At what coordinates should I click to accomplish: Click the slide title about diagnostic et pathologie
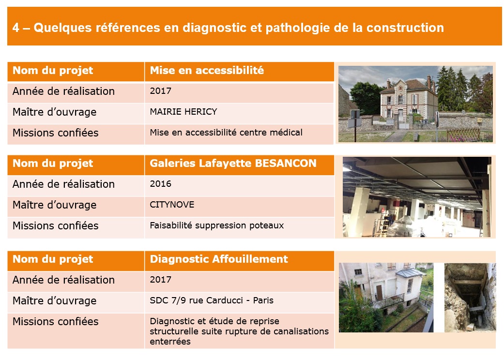(228, 28)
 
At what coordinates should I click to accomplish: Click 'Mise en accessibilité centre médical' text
(226, 132)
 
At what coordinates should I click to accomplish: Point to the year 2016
(160, 184)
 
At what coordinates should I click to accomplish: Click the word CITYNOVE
(172, 205)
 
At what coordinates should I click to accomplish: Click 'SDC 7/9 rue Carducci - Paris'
(212, 300)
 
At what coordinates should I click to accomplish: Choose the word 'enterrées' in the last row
(170, 342)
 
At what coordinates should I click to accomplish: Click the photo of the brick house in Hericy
(415, 104)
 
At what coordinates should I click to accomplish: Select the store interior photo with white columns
(417, 197)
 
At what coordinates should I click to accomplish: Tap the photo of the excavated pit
(470, 298)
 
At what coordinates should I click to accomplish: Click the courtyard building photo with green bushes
(386, 298)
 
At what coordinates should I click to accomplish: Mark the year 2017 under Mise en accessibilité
(160, 91)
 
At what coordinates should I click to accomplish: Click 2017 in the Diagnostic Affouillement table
(160, 279)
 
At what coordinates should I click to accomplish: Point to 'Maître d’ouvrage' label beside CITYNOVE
(54, 205)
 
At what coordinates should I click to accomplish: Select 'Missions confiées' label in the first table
(55, 133)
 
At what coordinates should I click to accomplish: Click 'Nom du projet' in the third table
(53, 259)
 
